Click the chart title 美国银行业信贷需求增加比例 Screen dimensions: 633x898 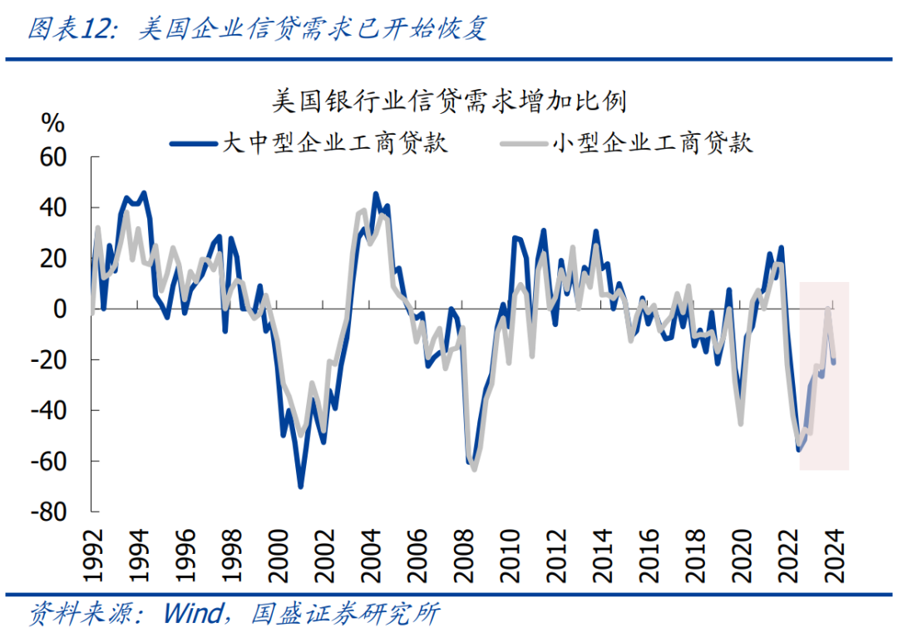pos(449,103)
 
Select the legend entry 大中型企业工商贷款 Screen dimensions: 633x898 pos(334,143)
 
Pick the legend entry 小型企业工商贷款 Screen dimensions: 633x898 pos(652,143)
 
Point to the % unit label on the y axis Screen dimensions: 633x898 pos(52,123)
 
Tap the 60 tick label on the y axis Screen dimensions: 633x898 pos(52,156)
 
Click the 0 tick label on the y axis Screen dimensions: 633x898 pos(60,309)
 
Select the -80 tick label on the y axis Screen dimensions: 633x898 pos(48,512)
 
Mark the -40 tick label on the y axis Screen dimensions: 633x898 pos(48,411)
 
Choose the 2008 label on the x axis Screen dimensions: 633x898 pos(461,553)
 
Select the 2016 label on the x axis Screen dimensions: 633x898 pos(648,553)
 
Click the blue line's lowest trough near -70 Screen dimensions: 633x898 pos(300,487)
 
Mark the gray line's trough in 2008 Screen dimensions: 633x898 pos(474,469)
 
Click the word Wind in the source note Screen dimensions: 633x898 pos(192,615)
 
